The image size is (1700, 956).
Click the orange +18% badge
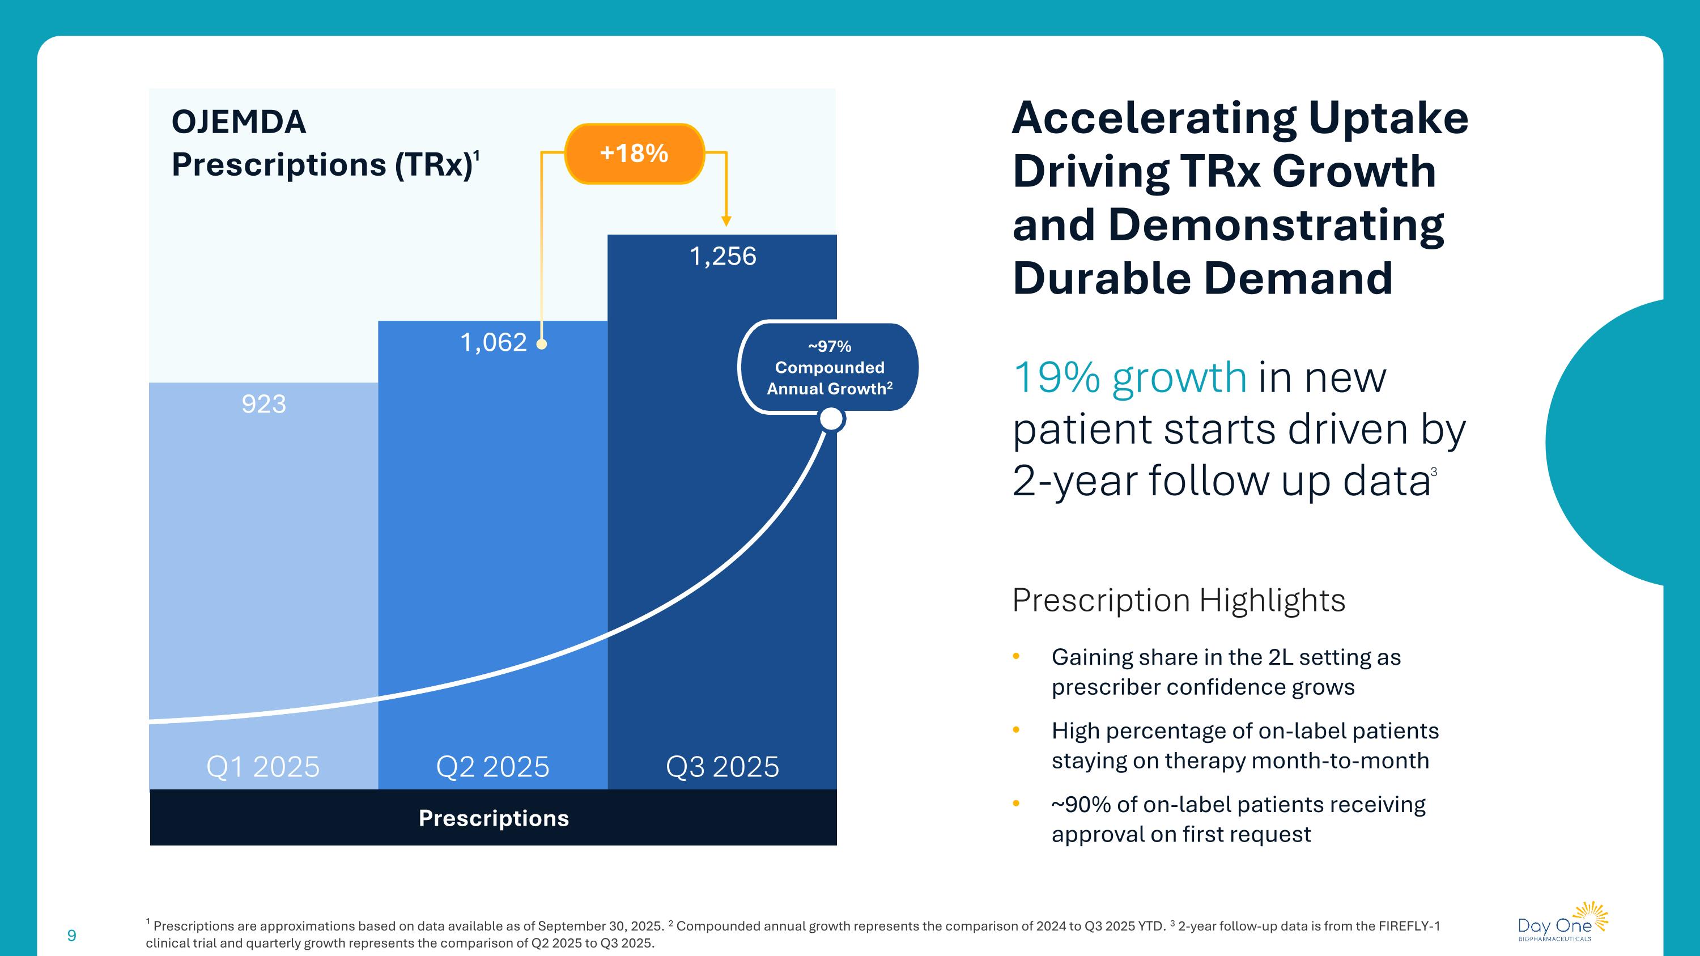pyautogui.click(x=634, y=154)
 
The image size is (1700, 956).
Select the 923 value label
pyautogui.click(x=263, y=404)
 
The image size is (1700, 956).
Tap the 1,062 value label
pyautogui.click(x=493, y=342)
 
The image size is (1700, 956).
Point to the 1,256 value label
pyautogui.click(x=722, y=256)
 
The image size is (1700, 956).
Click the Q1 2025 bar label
pyautogui.click(x=263, y=767)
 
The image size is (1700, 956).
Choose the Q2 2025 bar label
pyautogui.click(x=492, y=767)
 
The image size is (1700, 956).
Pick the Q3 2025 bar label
pyautogui.click(x=722, y=767)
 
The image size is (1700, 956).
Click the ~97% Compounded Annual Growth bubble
pyautogui.click(x=829, y=367)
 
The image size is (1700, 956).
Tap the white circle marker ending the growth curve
pyautogui.click(x=831, y=418)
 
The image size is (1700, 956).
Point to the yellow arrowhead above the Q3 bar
pyautogui.click(x=726, y=221)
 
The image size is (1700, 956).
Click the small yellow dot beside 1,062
pyautogui.click(x=541, y=344)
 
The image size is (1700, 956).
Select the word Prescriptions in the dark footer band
pyautogui.click(x=494, y=818)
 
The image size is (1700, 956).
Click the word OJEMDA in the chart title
pyautogui.click(x=239, y=122)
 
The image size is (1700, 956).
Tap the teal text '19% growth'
pyautogui.click(x=1129, y=377)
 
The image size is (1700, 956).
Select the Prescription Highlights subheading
pyautogui.click(x=1179, y=600)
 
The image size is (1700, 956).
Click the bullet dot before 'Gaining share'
pyautogui.click(x=1016, y=656)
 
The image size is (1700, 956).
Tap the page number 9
pyautogui.click(x=72, y=936)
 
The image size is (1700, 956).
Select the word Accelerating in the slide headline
pyautogui.click(x=1154, y=119)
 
